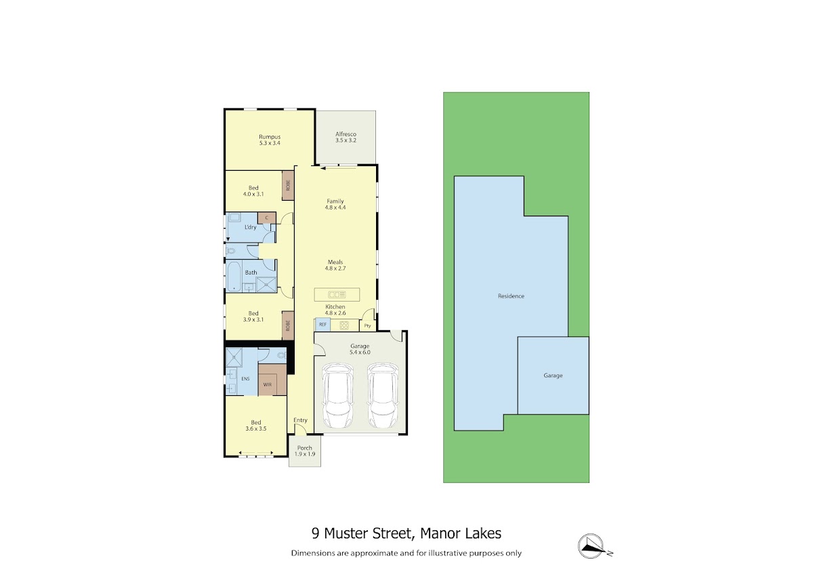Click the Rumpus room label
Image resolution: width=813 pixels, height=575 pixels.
point(270,140)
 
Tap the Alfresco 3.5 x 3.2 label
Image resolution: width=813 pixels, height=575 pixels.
point(346,137)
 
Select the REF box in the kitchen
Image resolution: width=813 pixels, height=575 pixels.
point(322,325)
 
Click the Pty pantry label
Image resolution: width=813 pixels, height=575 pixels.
point(367,326)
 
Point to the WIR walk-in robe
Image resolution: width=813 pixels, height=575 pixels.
point(268,384)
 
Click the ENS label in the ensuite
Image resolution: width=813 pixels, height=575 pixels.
point(245,378)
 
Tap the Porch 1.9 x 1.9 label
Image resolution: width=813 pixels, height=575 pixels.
point(304,451)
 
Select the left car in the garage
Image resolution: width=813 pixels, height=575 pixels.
point(337,395)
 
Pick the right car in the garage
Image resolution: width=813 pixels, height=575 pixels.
point(383,395)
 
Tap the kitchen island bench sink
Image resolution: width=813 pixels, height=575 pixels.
point(337,294)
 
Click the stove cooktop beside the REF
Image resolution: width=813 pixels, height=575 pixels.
point(344,325)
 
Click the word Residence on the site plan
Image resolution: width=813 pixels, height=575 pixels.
point(511,296)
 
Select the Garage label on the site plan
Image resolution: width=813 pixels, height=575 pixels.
point(553,376)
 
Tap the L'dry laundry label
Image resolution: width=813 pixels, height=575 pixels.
point(251,227)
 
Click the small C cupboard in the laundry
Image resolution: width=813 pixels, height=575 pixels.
point(267,218)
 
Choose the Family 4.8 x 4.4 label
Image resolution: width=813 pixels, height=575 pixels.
point(335,204)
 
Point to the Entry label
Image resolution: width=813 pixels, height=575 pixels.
point(301,420)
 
